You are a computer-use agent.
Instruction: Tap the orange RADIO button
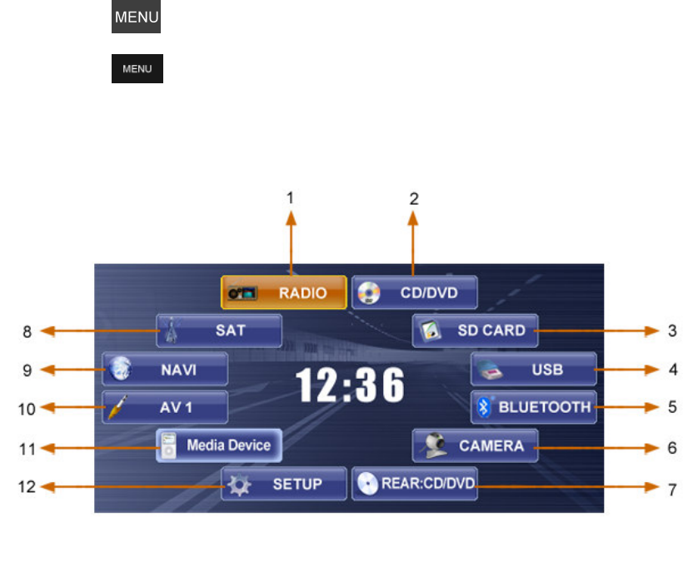[x=283, y=293]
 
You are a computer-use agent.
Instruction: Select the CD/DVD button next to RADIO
[x=415, y=293]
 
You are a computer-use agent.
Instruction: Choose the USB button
[x=533, y=369]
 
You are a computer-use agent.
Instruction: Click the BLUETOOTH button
[x=533, y=407]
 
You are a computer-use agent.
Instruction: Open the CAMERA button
[x=475, y=445]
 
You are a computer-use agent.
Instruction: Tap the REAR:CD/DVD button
[x=415, y=484]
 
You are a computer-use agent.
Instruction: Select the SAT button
[x=219, y=331]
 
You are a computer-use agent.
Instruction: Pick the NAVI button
[x=165, y=369]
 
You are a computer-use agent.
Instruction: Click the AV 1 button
[x=165, y=407]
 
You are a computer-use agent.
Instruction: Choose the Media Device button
[x=219, y=445]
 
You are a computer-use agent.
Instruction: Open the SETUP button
[x=283, y=484]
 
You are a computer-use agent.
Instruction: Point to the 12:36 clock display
[x=350, y=386]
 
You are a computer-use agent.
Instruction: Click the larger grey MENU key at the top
[x=137, y=17]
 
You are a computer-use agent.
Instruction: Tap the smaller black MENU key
[x=137, y=69]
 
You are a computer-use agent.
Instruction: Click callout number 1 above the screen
[x=291, y=198]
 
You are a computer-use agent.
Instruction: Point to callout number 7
[x=672, y=490]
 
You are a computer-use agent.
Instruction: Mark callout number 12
[x=27, y=486]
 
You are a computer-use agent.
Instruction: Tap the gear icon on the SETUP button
[x=240, y=485]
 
